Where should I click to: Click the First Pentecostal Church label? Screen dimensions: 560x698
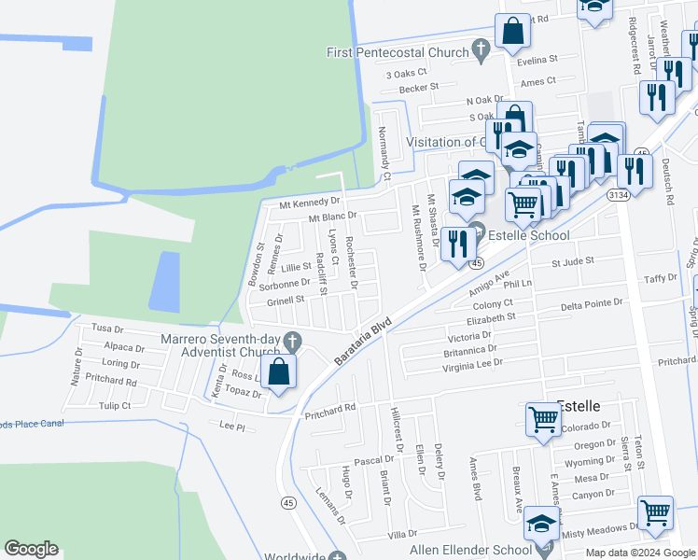tap(396, 52)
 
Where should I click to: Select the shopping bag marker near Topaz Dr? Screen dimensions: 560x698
tap(279, 372)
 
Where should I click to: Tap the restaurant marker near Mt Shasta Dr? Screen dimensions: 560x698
tap(457, 243)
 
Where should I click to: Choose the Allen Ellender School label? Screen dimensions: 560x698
tap(470, 550)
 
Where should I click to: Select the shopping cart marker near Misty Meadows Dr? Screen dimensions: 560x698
tap(655, 511)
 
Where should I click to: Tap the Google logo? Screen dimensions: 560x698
tap(31, 549)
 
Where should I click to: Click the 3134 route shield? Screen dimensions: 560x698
tap(618, 194)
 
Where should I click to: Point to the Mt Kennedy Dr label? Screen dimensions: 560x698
tap(311, 202)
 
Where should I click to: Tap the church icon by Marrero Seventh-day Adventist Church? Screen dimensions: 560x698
tap(294, 340)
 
